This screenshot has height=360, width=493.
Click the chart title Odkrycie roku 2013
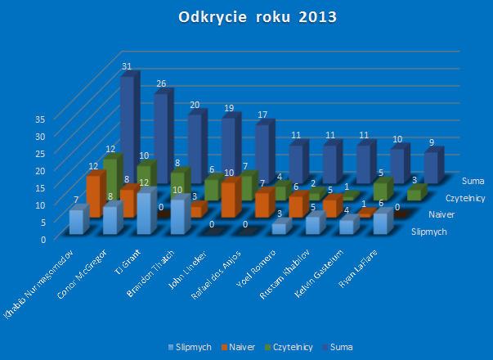tap(246, 17)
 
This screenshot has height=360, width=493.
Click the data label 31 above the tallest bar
tap(127, 66)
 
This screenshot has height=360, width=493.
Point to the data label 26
tap(161, 83)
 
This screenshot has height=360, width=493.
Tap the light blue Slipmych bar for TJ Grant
tap(145, 213)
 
